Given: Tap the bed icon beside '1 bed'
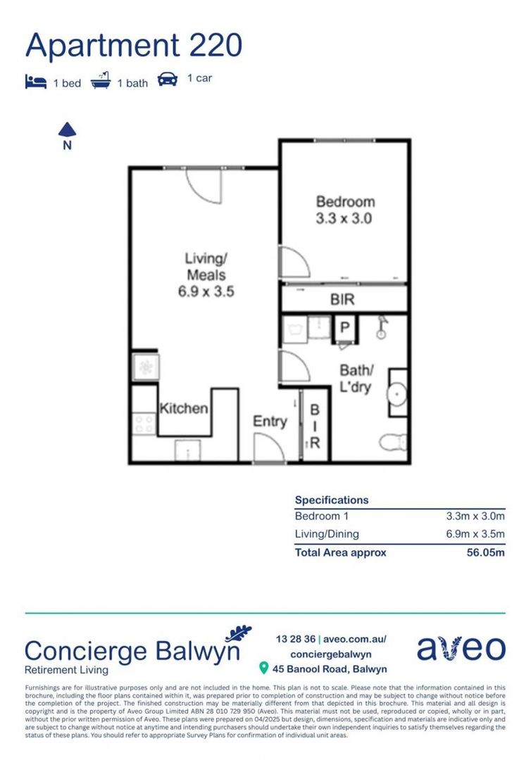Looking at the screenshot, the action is tap(36, 82).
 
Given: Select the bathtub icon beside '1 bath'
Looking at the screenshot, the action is tap(101, 81).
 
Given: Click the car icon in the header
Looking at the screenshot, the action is tap(168, 80).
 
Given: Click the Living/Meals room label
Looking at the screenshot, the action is tap(206, 274).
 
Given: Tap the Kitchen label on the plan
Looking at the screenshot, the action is tap(184, 408).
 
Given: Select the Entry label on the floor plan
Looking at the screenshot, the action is tap(270, 422).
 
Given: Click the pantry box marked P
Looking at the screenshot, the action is tap(345, 329).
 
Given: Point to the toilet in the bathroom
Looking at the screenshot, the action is tap(393, 442).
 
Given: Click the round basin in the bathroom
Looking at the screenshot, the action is tap(397, 393).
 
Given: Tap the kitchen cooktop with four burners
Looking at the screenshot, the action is tap(144, 424).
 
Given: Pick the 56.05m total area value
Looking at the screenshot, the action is tap(485, 552).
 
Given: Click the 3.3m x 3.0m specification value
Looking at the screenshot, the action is tap(475, 517).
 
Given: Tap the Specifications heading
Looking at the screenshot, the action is tap(332, 500).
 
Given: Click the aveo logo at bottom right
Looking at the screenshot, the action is tap(461, 649).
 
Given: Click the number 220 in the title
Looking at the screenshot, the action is tap(215, 46).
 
